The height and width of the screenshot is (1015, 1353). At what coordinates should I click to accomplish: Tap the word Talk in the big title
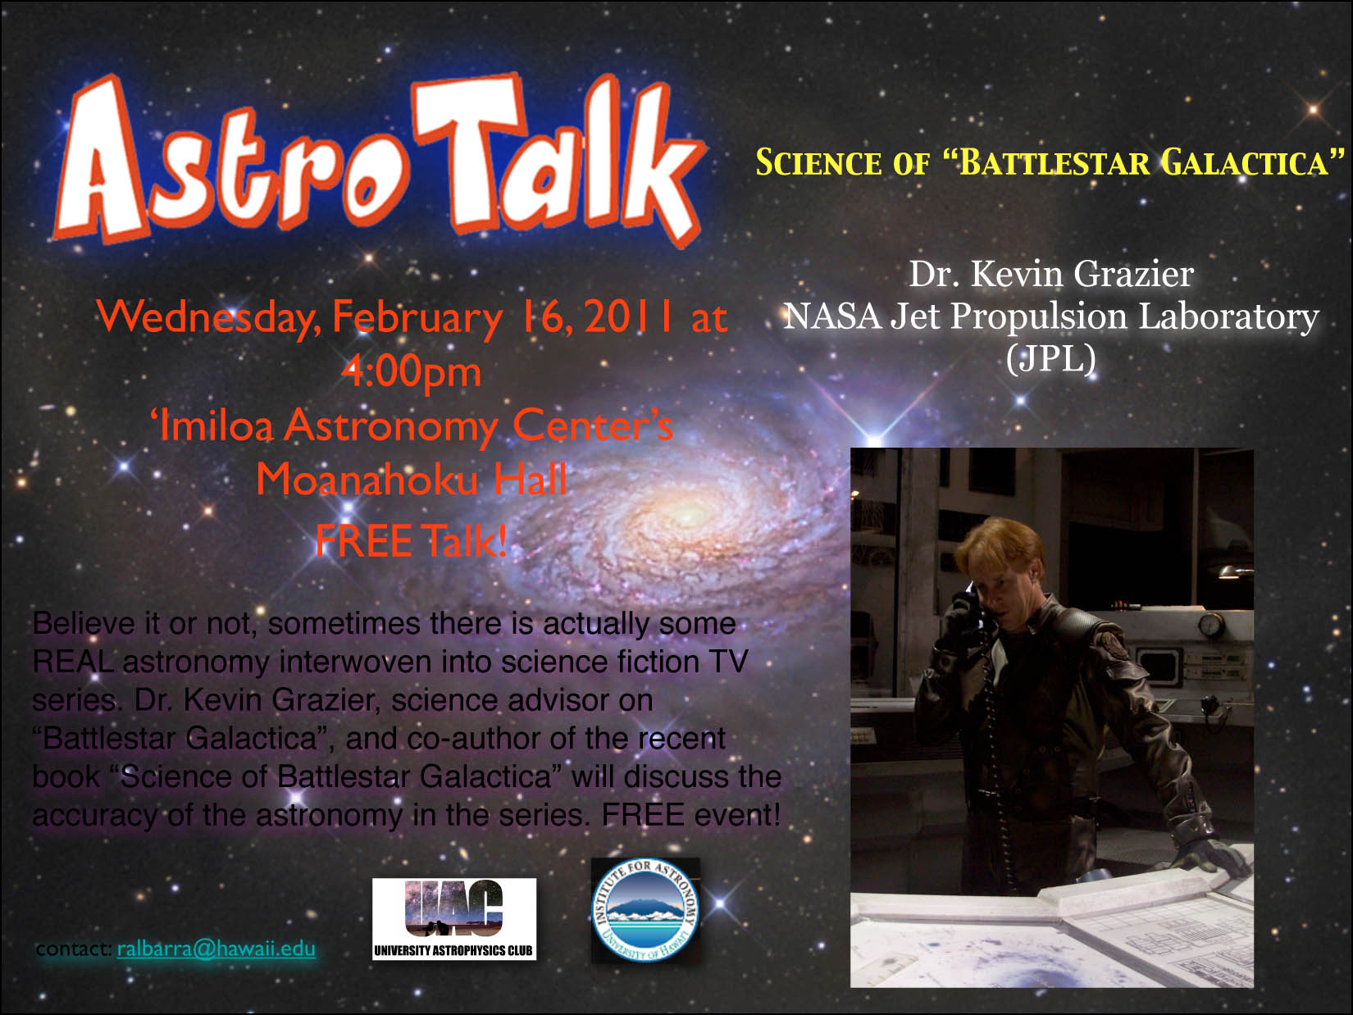(558, 159)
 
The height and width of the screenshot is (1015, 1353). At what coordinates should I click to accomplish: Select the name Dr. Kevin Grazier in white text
(1051, 274)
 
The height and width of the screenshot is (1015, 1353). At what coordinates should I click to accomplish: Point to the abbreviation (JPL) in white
(1051, 358)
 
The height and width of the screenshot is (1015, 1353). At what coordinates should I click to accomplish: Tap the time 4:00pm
(411, 373)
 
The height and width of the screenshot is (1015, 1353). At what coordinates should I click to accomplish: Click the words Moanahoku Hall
(411, 479)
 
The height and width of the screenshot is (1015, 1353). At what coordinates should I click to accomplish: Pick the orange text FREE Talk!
(411, 540)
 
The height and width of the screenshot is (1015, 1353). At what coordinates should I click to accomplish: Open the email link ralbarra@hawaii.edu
(216, 949)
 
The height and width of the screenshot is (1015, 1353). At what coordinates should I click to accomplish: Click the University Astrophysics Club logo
(454, 919)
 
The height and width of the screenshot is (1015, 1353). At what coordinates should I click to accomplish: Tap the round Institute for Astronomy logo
(645, 910)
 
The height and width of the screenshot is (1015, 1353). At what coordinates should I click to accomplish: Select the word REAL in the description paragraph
(73, 662)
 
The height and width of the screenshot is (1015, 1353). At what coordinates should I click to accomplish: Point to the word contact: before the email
(74, 949)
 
